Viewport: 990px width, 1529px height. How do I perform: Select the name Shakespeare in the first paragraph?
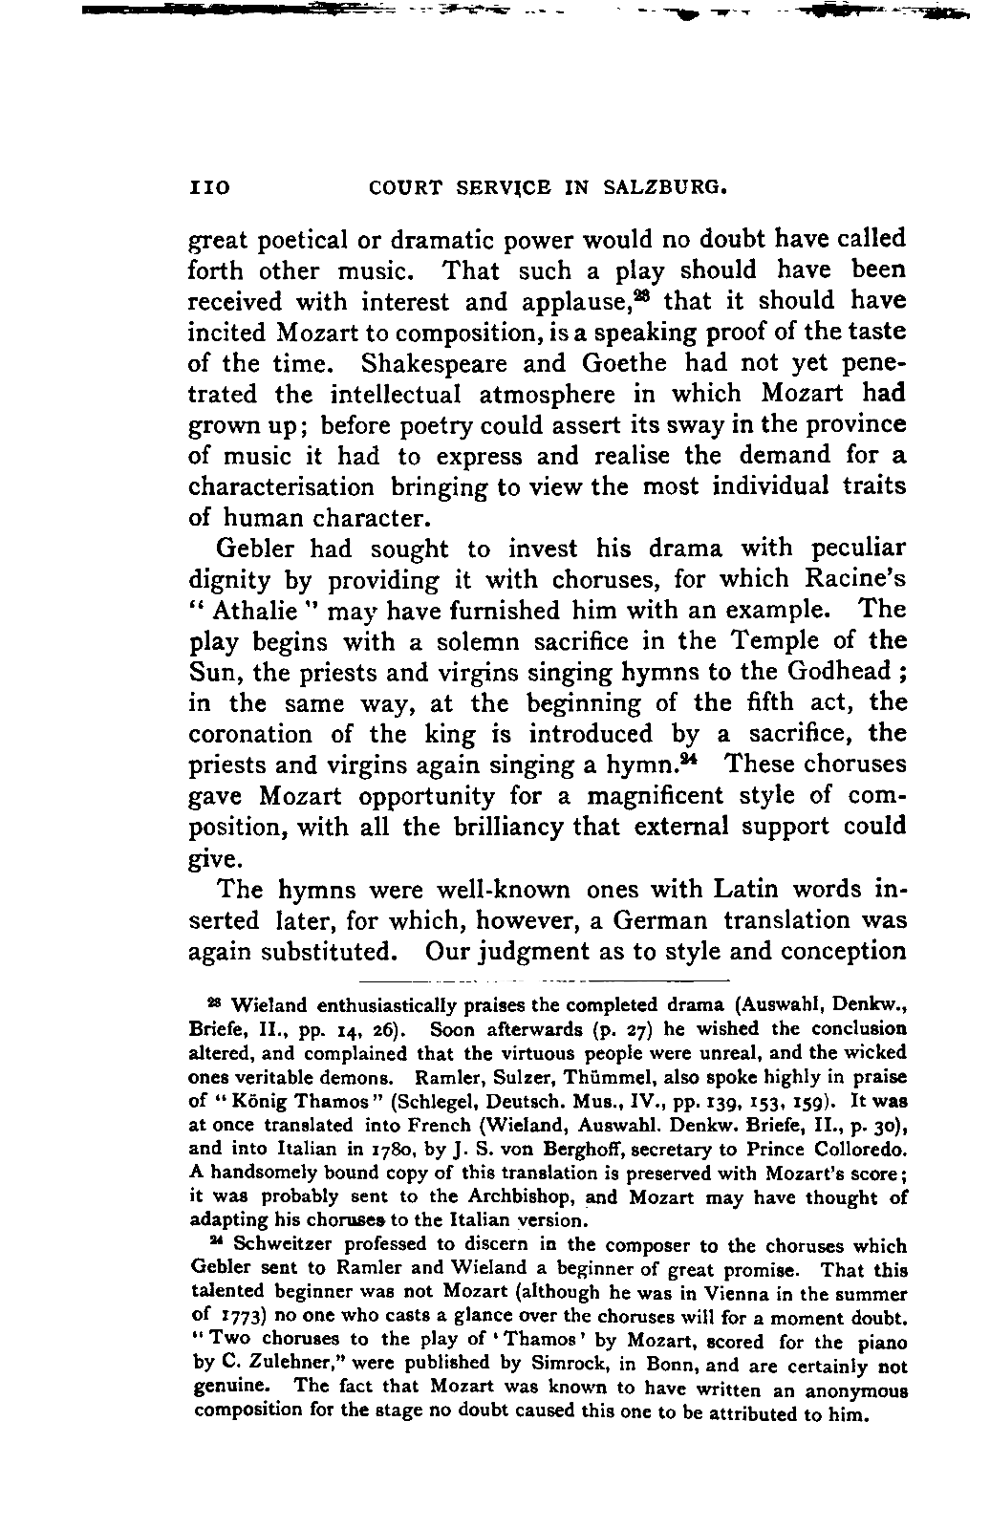pyautogui.click(x=441, y=363)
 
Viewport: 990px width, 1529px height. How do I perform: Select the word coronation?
pyautogui.click(x=250, y=735)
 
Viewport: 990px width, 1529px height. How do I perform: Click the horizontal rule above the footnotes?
pyautogui.click(x=545, y=980)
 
